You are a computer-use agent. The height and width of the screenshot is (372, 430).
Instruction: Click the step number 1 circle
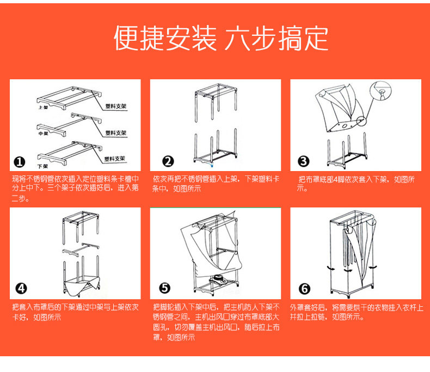[x=20, y=162]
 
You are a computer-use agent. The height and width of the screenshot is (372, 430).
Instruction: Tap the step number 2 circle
[x=169, y=161]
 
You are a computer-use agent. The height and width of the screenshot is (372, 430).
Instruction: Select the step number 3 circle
[x=304, y=161]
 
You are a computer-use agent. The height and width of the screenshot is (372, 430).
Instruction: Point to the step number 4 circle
[x=21, y=289]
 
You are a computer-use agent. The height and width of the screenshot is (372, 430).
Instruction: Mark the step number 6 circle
[x=304, y=289]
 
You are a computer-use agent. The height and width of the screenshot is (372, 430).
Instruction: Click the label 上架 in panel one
[x=42, y=108]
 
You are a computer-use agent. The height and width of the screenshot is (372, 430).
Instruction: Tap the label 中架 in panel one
[x=42, y=134]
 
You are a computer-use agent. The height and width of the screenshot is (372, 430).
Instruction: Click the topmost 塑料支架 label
[x=115, y=107]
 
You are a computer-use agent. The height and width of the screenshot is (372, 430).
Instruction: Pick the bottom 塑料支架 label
[x=115, y=159]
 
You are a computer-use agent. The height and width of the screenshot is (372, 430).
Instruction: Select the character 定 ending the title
[x=315, y=39]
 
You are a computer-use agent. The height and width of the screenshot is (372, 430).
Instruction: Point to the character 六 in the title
[x=238, y=39]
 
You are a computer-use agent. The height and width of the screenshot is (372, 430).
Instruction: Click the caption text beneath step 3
[x=356, y=184]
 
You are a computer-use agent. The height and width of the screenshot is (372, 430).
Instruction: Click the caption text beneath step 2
[x=216, y=184]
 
